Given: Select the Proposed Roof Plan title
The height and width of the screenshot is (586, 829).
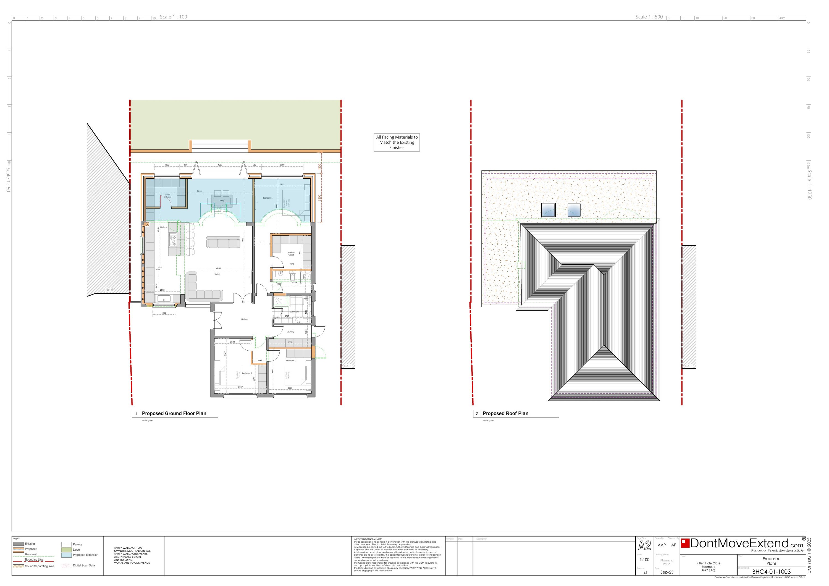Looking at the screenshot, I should click(505, 413).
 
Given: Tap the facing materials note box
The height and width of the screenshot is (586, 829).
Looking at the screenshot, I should click(397, 142).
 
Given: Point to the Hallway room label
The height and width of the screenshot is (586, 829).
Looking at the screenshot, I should click(245, 319).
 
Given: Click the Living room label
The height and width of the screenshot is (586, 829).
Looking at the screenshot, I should click(217, 274).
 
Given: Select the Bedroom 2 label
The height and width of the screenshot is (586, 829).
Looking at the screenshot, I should click(247, 373).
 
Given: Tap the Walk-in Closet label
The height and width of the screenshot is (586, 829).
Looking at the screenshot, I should click(291, 253).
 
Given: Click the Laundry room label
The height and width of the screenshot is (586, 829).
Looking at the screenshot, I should click(290, 332).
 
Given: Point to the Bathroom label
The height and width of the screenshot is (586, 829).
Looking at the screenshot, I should click(294, 312).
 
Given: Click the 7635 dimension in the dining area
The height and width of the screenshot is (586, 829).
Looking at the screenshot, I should click(199, 191).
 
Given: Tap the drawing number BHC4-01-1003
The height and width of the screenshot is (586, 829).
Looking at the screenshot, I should click(771, 572).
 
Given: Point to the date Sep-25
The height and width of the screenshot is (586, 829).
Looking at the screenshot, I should click(667, 572).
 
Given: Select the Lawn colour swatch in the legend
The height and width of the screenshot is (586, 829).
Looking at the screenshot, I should click(66, 550).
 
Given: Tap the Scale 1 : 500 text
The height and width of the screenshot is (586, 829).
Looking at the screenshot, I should click(649, 17).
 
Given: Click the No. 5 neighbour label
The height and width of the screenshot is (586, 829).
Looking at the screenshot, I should click(109, 290).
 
